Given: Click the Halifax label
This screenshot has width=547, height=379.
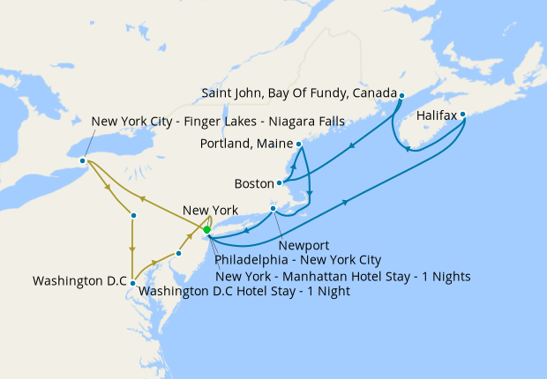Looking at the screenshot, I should pos(436,115).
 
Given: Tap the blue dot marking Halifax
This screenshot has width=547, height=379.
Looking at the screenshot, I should pos(463,114).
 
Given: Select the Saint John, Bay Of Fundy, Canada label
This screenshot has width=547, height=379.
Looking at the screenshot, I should pos(298,93).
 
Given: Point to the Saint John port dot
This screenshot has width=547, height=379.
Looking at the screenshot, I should pos(401,95).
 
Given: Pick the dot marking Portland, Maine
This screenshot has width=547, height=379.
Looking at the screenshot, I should pos(299,144).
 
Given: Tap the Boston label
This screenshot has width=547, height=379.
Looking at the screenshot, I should pos(254,184).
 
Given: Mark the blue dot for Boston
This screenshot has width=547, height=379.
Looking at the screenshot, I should pos(280,183).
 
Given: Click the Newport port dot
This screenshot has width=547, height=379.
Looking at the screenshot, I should pos(273,209).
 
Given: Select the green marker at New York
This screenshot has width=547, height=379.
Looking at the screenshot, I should pos(206,230).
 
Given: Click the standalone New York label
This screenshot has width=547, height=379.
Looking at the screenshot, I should pos(209,211).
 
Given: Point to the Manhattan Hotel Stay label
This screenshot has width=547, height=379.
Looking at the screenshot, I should pos(342,276).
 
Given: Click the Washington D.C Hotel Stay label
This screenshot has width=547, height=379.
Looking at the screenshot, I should pos(244,292).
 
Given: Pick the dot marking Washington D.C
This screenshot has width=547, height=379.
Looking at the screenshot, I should pos(132,283).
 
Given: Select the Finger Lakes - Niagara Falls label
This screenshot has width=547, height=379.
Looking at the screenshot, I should pos(217,121).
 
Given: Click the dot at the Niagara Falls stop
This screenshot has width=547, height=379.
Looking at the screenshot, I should pos(82,160).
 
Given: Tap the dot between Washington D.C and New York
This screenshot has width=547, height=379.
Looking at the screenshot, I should pos(178,253).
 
